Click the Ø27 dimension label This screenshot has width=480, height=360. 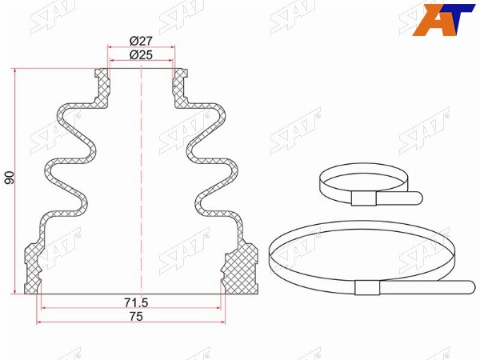(x=141, y=41)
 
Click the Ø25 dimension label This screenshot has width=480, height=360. (x=141, y=55)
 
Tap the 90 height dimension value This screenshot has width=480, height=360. (x=10, y=178)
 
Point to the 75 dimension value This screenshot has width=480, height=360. (x=136, y=317)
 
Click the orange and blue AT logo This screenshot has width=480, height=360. (x=443, y=19)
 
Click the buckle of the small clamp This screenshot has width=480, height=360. (x=364, y=198)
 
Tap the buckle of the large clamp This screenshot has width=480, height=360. (x=367, y=288)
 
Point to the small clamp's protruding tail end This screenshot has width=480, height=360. (x=418, y=198)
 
